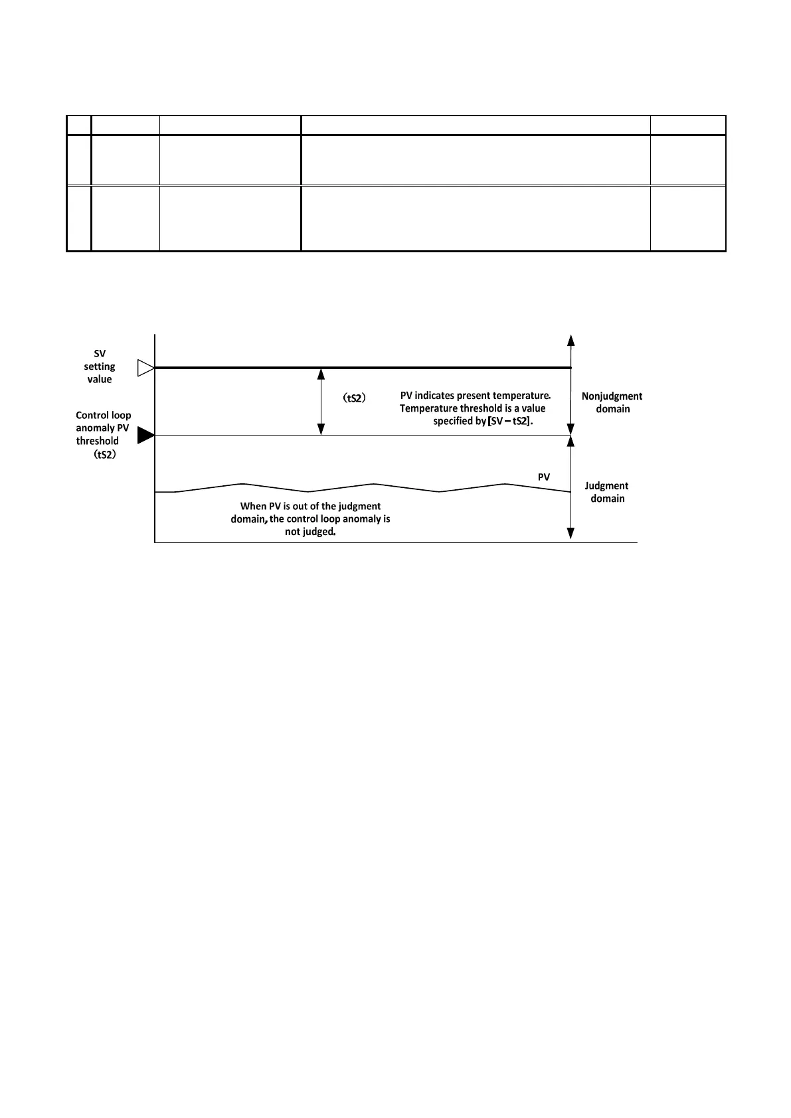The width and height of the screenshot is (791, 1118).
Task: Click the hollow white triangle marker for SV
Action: pos(145,368)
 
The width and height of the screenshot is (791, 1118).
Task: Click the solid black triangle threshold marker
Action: pos(145,436)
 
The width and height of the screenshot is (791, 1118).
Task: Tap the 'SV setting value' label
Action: pos(99,366)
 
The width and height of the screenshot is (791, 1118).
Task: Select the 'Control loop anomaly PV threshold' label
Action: pos(103,428)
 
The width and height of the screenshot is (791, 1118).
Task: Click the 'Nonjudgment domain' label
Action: pos(612,402)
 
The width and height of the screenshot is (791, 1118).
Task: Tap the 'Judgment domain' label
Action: pos(606,492)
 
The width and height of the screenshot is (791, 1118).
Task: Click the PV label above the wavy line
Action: pos(544,477)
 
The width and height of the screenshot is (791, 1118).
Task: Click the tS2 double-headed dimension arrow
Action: pos(321,402)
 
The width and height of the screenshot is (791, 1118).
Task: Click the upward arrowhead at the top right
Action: pos(571,340)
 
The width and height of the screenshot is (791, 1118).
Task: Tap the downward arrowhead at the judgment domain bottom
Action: pos(571,533)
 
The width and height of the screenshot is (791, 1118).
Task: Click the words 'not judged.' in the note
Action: pos(310,531)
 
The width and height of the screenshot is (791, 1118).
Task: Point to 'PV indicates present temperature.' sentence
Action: pos(475,396)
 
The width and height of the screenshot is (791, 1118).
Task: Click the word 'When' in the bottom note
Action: pos(253,506)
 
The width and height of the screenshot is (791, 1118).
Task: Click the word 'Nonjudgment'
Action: pos(612,396)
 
